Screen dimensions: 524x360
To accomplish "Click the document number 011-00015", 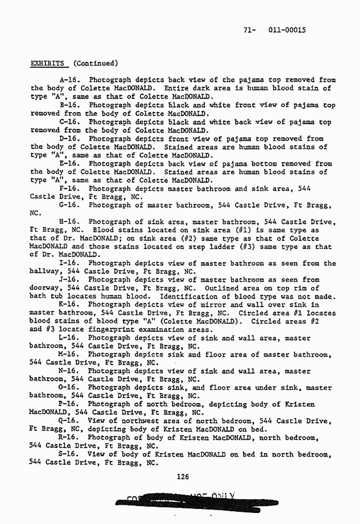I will tap(287, 30).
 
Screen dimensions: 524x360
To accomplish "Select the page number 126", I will tap(183, 476).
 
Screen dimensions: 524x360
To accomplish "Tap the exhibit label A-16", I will tap(69, 80).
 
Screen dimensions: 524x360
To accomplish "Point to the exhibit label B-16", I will tap(69, 105).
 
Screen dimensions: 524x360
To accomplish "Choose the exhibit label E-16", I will tap(69, 163).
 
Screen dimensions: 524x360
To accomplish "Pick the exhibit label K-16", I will tap(69, 305).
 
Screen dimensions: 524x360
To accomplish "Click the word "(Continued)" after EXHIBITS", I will tap(96, 63).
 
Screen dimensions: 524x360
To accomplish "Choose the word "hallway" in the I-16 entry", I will tap(45, 272).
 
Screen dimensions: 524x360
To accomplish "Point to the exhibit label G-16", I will tap(69, 205).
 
